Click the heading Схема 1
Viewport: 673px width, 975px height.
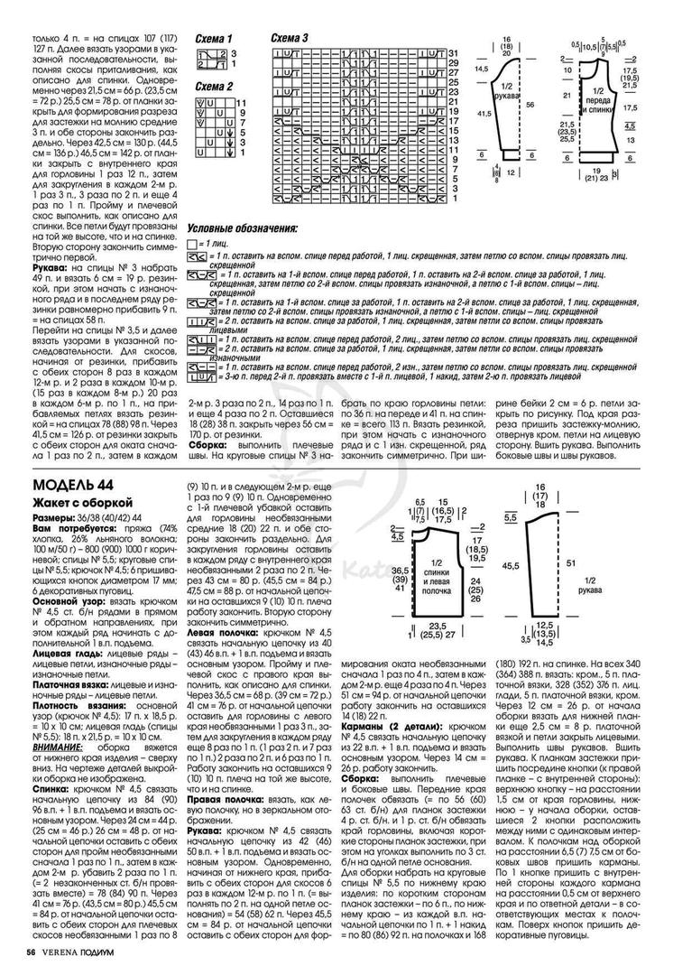point(215,40)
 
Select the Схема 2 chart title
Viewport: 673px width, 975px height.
point(215,86)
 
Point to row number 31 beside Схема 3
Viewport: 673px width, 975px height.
point(453,54)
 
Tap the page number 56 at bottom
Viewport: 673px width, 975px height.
point(31,952)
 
